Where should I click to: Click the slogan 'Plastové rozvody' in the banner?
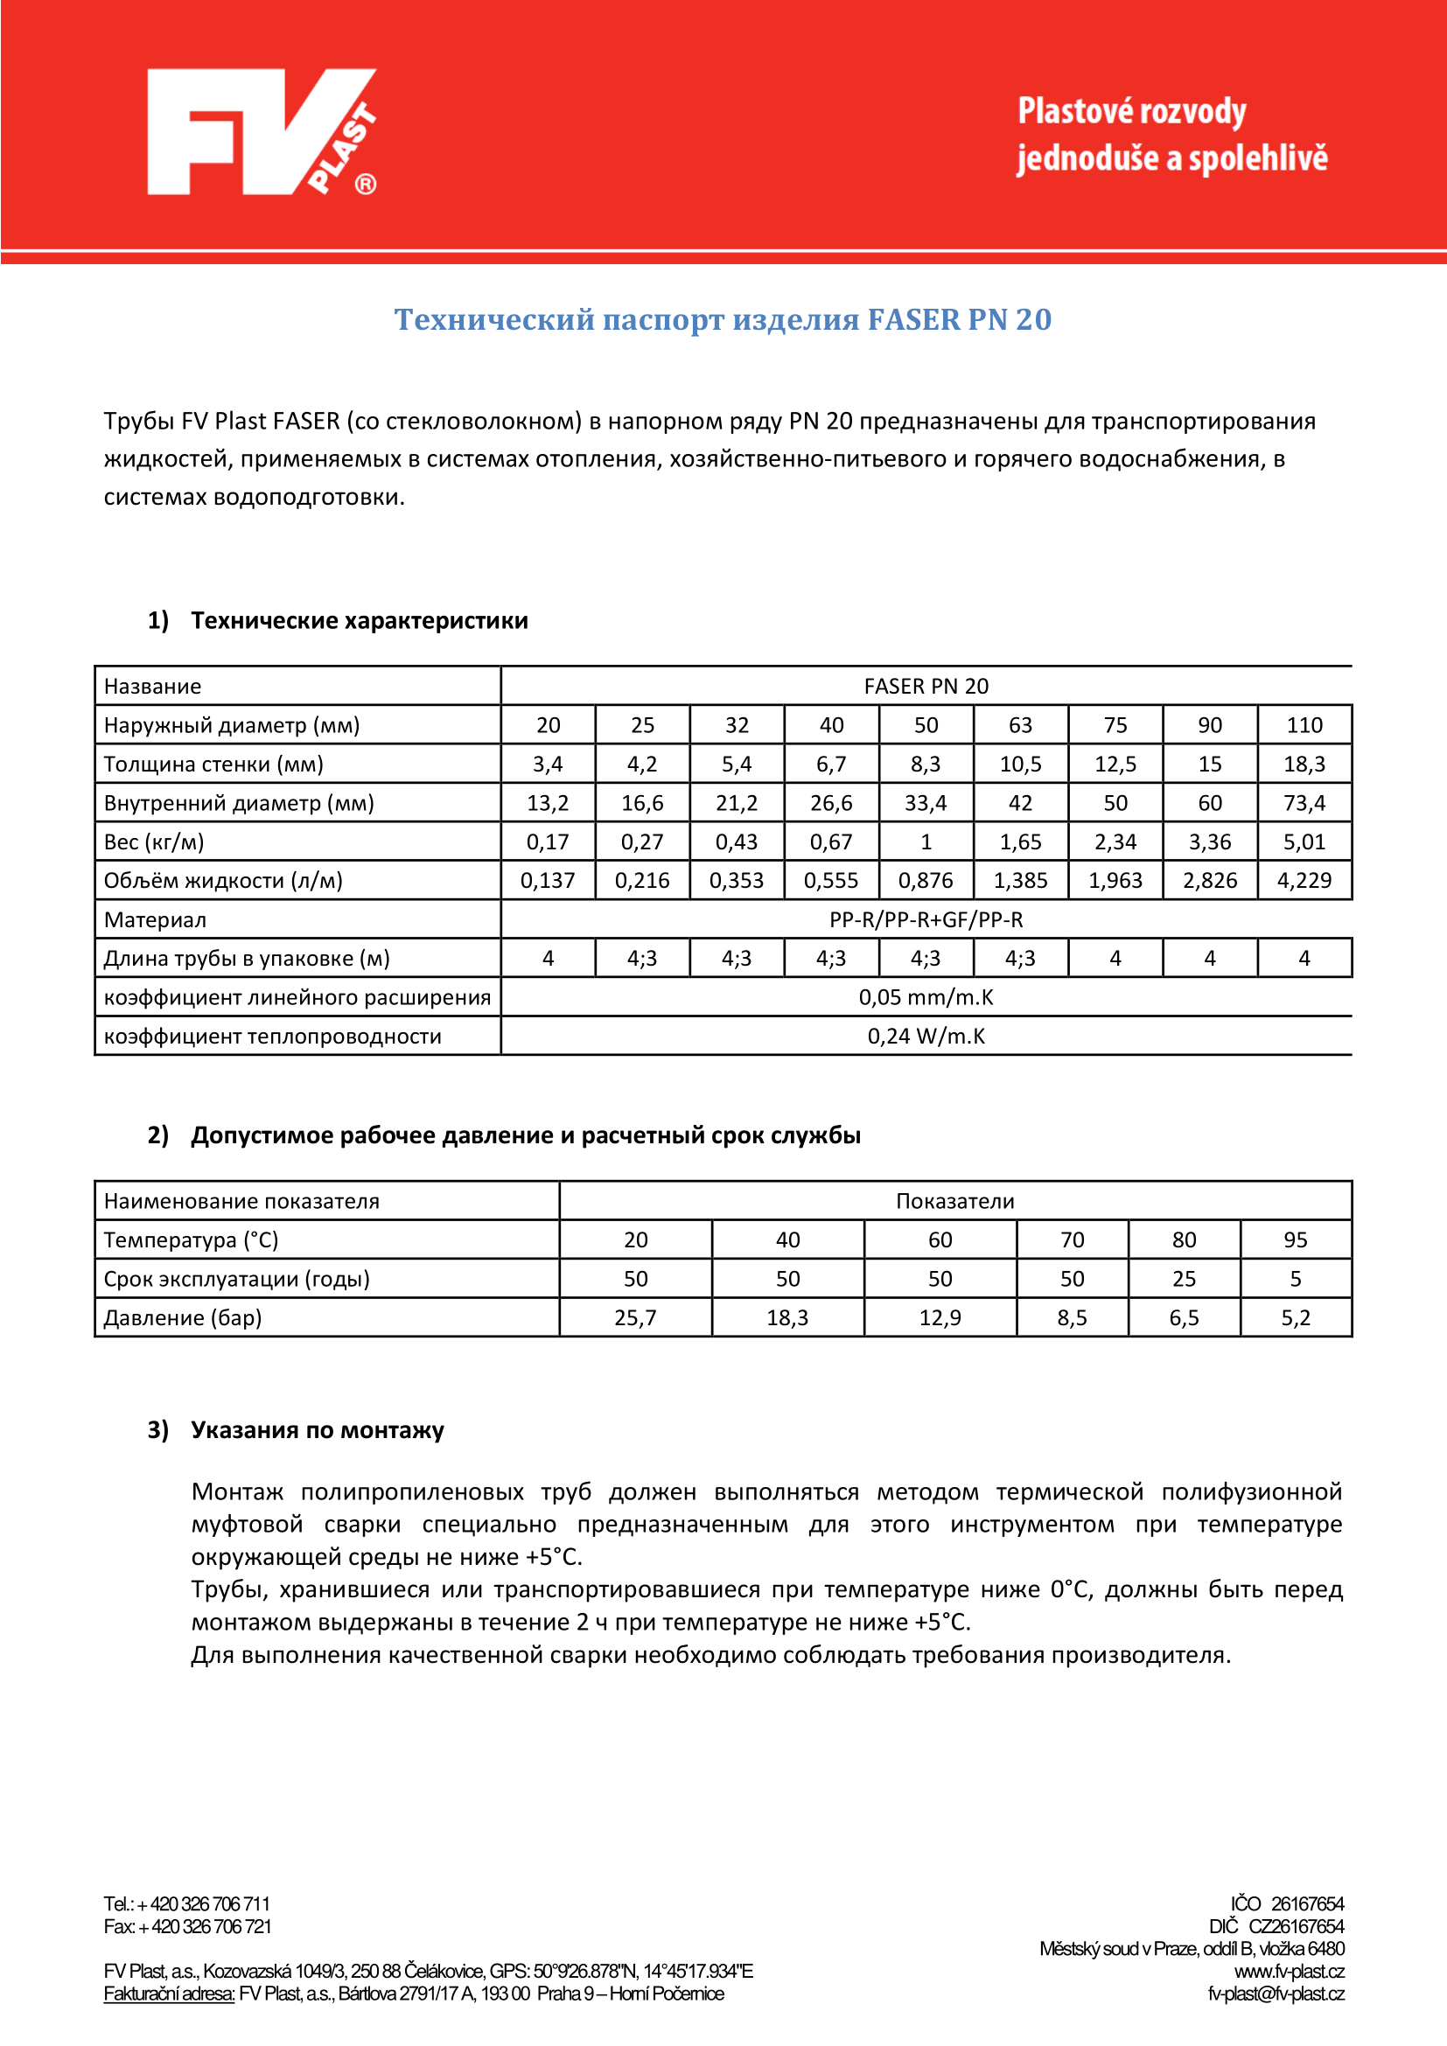pyautogui.click(x=1131, y=112)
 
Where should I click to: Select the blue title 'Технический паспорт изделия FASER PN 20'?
pyautogui.click(x=723, y=319)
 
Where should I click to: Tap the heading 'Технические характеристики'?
pyautogui.click(x=359, y=620)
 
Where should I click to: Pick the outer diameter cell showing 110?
pyautogui.click(x=1304, y=725)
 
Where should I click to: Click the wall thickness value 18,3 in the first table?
pyautogui.click(x=1304, y=765)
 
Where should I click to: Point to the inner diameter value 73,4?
pyautogui.click(x=1304, y=803)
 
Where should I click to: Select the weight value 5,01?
pyautogui.click(x=1304, y=842)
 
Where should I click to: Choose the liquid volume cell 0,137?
pyautogui.click(x=547, y=882)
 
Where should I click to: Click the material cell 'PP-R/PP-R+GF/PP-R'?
pyautogui.click(x=926, y=919)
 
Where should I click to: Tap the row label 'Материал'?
pyautogui.click(x=155, y=919)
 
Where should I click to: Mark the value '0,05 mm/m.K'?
pyautogui.click(x=926, y=997)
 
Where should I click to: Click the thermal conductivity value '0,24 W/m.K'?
pyautogui.click(x=926, y=1037)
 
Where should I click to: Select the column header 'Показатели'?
pyautogui.click(x=954, y=1201)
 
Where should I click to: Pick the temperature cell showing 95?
pyautogui.click(x=1295, y=1240)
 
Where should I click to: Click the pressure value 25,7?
pyautogui.click(x=635, y=1318)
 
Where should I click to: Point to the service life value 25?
pyautogui.click(x=1184, y=1280)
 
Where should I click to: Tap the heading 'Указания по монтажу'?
pyautogui.click(x=318, y=1430)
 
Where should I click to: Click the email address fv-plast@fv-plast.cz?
pyautogui.click(x=1275, y=1994)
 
